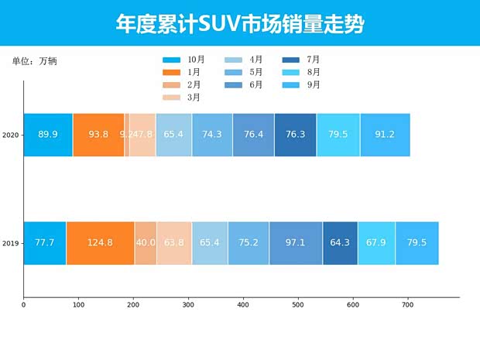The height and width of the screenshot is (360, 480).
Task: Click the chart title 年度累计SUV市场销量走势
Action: coord(240,24)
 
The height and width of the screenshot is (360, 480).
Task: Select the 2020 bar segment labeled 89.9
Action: coord(48,135)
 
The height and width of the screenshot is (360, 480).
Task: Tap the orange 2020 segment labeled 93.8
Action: coord(98,135)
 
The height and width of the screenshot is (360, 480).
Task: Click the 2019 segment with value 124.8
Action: coord(100,243)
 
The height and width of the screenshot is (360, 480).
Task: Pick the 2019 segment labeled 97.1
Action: coord(295,243)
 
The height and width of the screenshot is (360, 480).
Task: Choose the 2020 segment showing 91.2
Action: coord(385,135)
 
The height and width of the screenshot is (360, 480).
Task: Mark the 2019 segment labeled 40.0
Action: coord(146,243)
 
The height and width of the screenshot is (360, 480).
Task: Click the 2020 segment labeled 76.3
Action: coord(295,135)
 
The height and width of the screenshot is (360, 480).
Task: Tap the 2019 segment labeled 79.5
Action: coord(417,243)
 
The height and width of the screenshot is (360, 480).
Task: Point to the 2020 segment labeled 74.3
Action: coord(212,135)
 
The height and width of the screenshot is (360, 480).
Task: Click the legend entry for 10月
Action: coord(184,60)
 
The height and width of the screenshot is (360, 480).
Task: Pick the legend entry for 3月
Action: coord(183,98)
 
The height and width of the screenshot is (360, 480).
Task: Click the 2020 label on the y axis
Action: coord(11,135)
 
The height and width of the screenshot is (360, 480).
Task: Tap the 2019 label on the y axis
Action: coord(11,243)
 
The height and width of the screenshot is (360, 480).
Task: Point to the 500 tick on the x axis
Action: coord(298,305)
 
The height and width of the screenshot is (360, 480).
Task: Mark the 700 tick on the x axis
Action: coord(408,305)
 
